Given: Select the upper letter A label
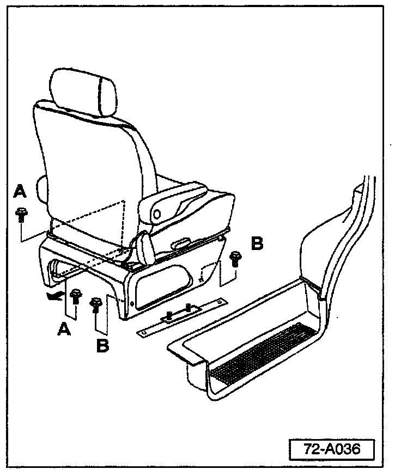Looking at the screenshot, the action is (20, 191).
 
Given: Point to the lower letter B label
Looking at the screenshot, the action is (102, 344).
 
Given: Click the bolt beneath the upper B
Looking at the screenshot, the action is (235, 258).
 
